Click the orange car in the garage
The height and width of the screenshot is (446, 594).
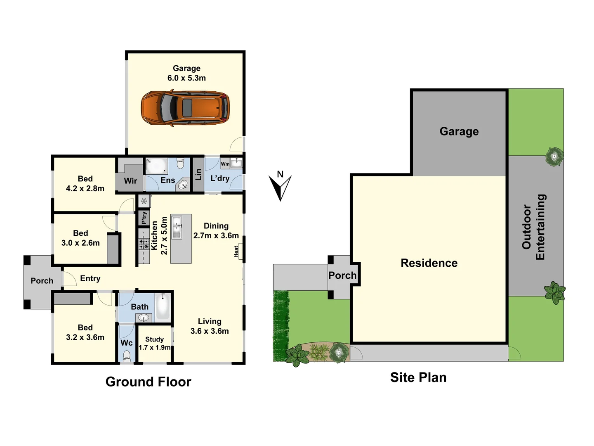(185, 108)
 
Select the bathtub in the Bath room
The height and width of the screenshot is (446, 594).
(163, 307)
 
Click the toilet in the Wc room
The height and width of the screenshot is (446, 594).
(127, 356)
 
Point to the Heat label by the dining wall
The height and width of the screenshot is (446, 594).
(236, 251)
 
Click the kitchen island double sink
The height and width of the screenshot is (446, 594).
(177, 227)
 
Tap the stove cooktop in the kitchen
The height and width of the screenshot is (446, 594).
(144, 244)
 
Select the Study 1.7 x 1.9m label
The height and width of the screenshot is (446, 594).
(154, 343)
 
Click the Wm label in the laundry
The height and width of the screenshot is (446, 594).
(225, 164)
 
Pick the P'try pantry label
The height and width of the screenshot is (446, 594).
(144, 218)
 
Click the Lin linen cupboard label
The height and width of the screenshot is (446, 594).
(198, 174)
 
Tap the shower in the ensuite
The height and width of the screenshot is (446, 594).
(156, 166)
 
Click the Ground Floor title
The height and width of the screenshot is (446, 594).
(148, 382)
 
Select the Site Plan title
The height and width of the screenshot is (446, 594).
(418, 377)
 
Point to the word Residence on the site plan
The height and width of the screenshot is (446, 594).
(429, 263)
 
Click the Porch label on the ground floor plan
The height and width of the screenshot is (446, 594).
(42, 281)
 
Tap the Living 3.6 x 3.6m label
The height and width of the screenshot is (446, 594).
(210, 326)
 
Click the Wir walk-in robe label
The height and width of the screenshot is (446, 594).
(130, 180)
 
